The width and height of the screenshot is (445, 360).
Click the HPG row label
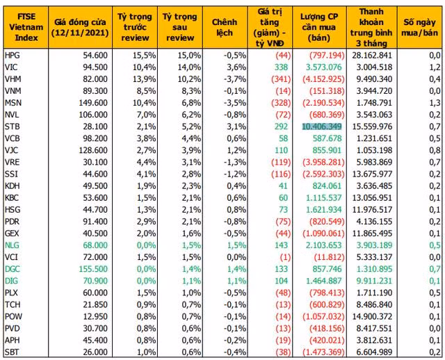tap(13, 56)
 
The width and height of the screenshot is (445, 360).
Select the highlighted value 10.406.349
tap(322, 126)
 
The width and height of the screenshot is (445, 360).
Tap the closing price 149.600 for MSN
tap(93, 103)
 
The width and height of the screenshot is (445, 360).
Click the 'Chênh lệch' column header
tap(225, 27)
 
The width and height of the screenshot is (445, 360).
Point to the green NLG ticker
tap(12, 245)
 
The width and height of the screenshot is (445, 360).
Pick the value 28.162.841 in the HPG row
tap(372, 56)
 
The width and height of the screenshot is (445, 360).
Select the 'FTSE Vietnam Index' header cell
tap(26, 27)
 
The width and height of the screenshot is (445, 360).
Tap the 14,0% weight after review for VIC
tap(189, 67)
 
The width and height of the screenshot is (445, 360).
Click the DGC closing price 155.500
tap(93, 269)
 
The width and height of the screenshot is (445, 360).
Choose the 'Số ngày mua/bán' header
tap(419, 27)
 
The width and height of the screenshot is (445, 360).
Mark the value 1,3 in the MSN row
tap(435, 103)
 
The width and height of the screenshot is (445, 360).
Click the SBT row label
tap(12, 352)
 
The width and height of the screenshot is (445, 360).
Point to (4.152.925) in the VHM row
tap(323, 79)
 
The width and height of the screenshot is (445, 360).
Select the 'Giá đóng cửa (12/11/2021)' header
tap(80, 27)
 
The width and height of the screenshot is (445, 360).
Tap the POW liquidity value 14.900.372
tap(372, 316)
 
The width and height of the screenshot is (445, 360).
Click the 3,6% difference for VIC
tap(236, 67)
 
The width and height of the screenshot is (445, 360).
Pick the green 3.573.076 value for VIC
tap(323, 67)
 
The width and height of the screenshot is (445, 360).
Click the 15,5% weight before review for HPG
tap(144, 56)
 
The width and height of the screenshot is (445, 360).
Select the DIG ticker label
tap(11, 281)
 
